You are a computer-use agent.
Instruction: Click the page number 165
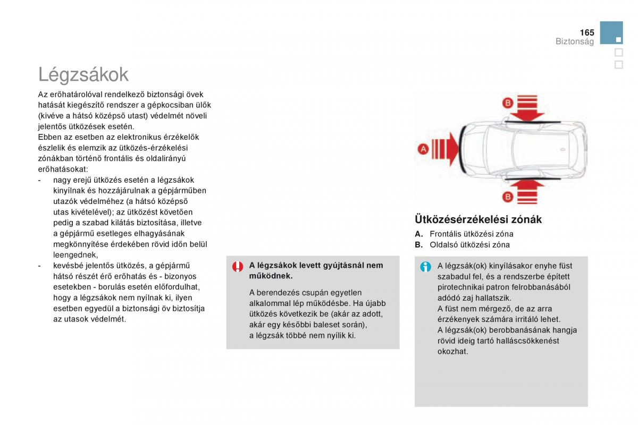586,32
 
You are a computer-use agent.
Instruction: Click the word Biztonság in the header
575,42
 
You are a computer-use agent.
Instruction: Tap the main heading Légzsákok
83,74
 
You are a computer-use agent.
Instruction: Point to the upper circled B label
508,103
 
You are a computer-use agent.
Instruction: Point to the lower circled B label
508,197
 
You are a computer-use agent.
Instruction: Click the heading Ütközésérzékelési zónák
478,219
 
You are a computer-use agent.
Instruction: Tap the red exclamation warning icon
238,267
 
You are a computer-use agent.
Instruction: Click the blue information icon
425,267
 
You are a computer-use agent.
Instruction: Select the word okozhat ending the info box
452,351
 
